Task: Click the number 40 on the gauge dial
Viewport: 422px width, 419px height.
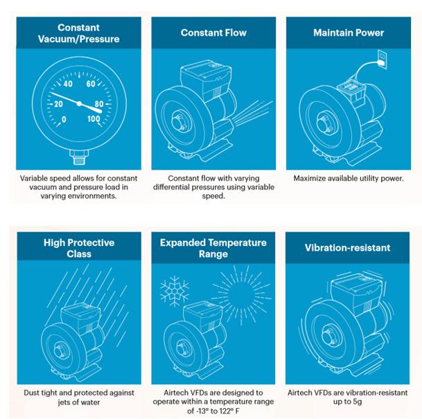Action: (x=68, y=84)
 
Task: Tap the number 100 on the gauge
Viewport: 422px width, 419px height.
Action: (x=94, y=118)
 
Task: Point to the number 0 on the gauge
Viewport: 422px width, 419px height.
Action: (x=64, y=119)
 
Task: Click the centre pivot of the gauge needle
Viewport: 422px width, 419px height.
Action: (x=79, y=104)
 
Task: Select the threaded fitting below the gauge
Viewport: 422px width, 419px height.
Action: (x=79, y=157)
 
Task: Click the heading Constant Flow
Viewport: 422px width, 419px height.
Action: (x=213, y=33)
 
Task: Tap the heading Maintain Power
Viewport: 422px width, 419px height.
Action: (x=349, y=33)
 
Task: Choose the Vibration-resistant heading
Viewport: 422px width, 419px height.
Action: (x=347, y=248)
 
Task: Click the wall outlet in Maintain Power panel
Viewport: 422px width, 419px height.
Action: (x=382, y=59)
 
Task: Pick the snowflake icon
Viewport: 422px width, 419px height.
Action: (x=175, y=291)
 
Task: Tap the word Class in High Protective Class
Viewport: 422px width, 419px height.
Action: (x=79, y=254)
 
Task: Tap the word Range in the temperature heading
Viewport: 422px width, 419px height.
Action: (x=213, y=254)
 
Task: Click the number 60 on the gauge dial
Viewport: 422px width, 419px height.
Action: (x=91, y=84)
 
